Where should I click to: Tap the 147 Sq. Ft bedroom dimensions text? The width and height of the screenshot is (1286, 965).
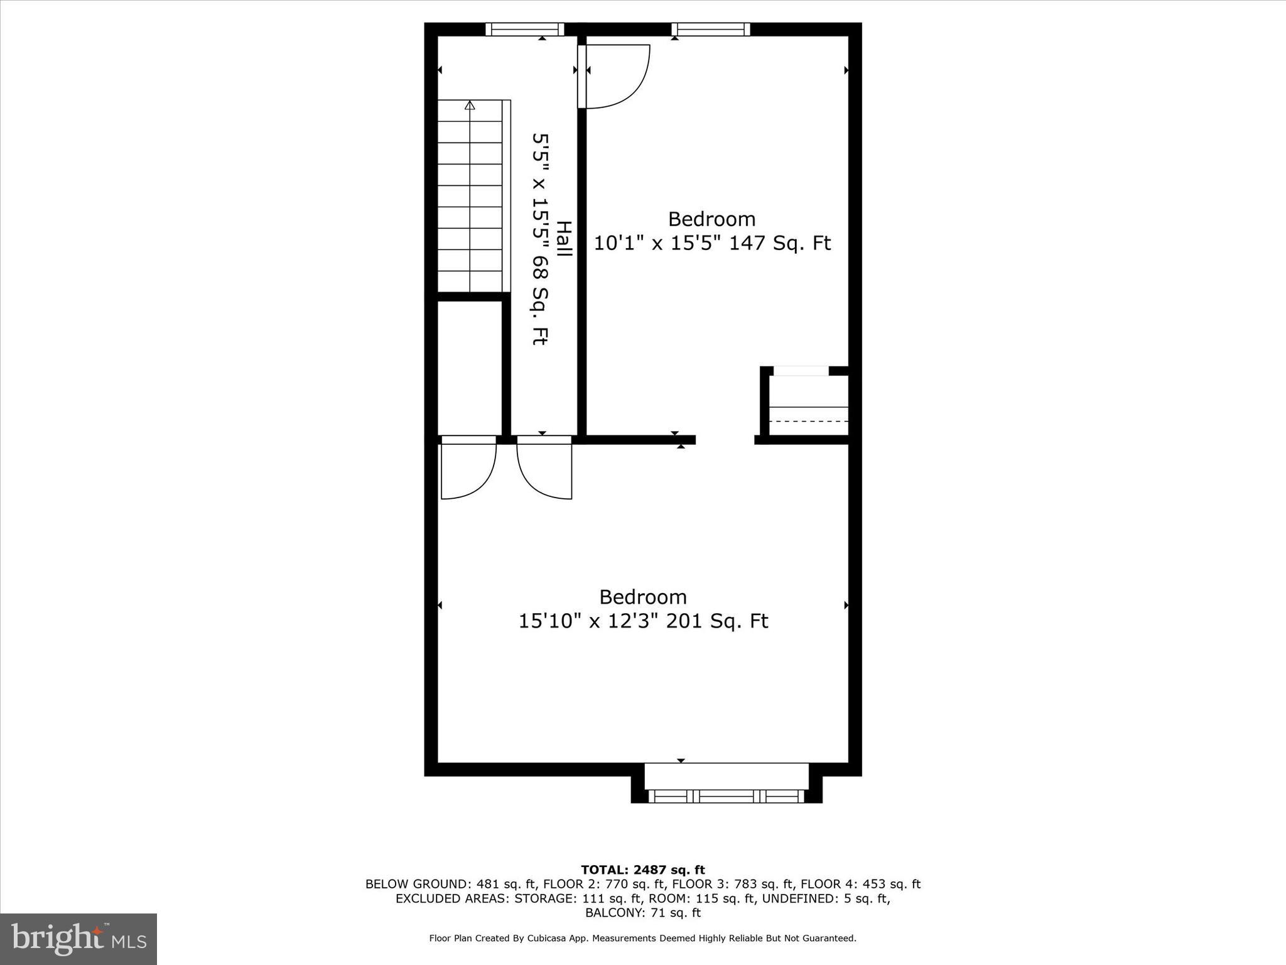point(712,243)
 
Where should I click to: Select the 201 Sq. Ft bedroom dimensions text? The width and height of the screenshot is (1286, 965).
point(643,621)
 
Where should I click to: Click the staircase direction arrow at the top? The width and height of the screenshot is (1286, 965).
point(470,106)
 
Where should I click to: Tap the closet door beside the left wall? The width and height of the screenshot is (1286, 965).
point(468,468)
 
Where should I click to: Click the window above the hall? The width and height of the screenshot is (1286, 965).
point(524,30)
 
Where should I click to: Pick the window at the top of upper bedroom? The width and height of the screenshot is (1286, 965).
point(710,30)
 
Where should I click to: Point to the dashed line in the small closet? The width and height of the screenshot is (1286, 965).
point(808,421)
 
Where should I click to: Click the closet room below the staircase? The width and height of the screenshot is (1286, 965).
point(469,368)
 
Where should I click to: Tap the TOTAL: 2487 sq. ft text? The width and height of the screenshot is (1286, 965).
point(642,870)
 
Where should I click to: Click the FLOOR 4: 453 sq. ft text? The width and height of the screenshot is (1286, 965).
point(860,884)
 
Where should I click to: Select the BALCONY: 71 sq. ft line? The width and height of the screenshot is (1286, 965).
point(642,913)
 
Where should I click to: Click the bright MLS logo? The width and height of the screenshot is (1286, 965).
point(78,939)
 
